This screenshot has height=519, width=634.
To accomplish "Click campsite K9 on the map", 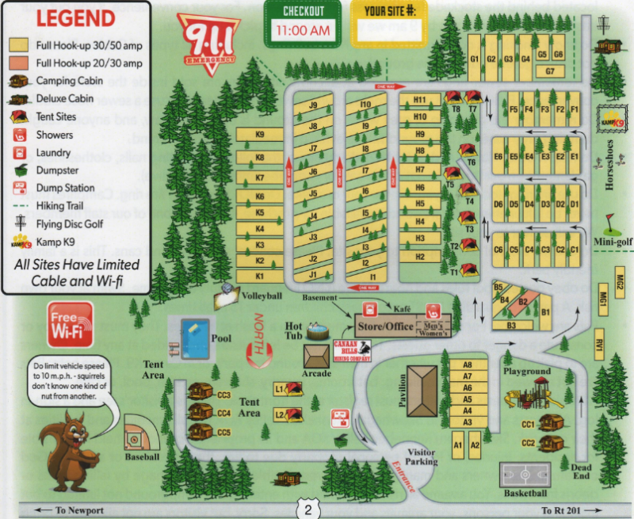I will (x=260, y=135).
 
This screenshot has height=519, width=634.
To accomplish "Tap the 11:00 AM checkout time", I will (x=301, y=31).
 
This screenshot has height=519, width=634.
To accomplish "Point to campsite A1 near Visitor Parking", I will (x=457, y=446).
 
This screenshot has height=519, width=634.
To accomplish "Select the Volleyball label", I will (x=262, y=296).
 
